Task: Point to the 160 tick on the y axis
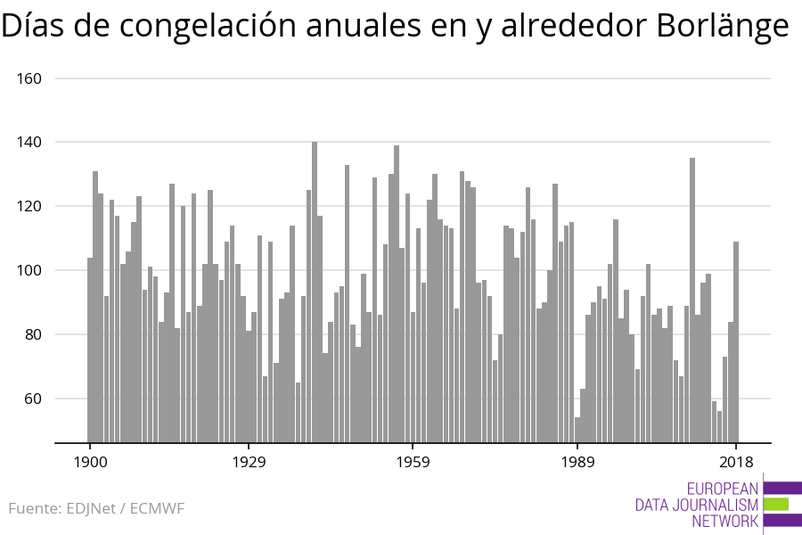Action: (x=30, y=78)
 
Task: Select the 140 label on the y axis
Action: (x=30, y=143)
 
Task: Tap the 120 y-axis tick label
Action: (x=30, y=207)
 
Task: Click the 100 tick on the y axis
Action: (x=30, y=271)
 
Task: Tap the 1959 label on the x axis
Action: (x=413, y=462)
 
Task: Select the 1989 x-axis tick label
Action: (x=577, y=462)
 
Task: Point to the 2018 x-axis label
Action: (x=736, y=462)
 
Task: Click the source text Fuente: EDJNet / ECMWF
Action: (x=96, y=509)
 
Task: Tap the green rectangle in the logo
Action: (x=776, y=504)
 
